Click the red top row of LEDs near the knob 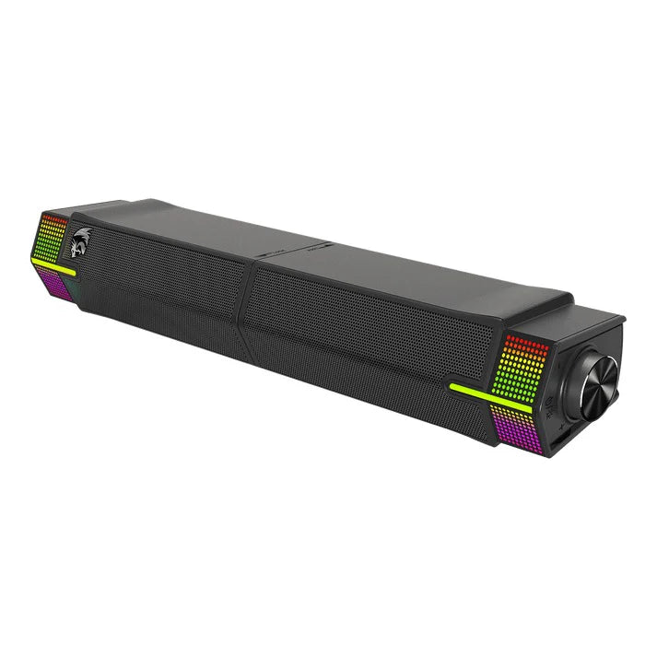click(526, 340)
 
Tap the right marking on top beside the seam click(317, 249)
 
